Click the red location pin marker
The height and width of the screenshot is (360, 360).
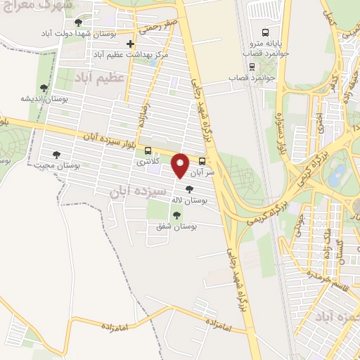[x=181, y=165]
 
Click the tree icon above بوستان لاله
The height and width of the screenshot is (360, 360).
[x=189, y=188]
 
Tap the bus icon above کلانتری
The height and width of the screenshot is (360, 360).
[x=148, y=150]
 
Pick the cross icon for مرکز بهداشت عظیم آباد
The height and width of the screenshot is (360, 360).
[x=130, y=44]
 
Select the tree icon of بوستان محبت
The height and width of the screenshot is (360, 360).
[x=57, y=155]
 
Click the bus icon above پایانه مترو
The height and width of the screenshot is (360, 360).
[x=265, y=32]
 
